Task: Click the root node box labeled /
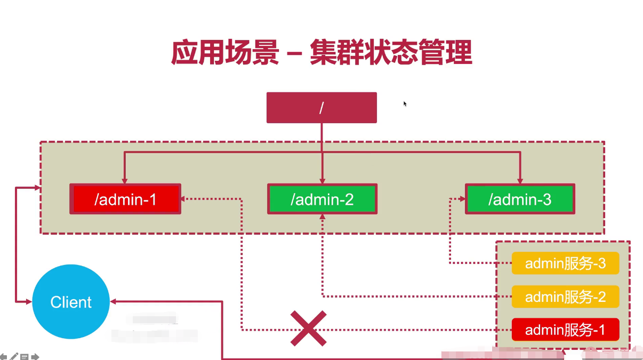(x=321, y=108)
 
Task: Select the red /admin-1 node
(x=125, y=199)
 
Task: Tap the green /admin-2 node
(x=322, y=199)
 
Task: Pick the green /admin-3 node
(x=520, y=199)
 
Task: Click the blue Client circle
(x=71, y=302)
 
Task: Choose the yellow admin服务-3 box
(x=565, y=263)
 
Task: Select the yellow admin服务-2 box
(x=565, y=297)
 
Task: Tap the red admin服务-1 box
(x=565, y=330)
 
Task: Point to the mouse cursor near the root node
(x=405, y=103)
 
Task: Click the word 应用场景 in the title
(x=225, y=53)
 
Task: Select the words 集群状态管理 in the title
(x=391, y=53)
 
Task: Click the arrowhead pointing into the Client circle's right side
(x=114, y=302)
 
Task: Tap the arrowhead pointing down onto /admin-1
(x=125, y=180)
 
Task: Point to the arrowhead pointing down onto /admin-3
(x=520, y=180)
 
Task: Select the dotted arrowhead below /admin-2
(x=322, y=218)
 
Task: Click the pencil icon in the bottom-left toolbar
(x=14, y=356)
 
